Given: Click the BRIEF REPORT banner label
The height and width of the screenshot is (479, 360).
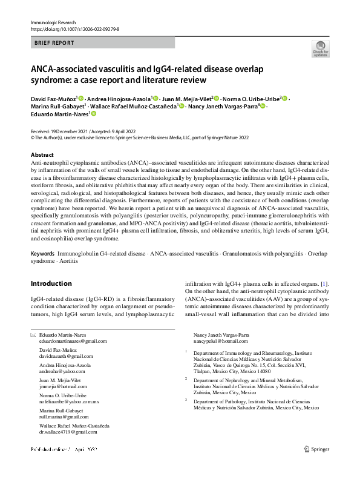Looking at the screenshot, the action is pyautogui.click(x=55, y=43).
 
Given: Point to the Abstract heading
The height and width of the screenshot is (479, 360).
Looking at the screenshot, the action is pyautogui.click(x=42, y=156).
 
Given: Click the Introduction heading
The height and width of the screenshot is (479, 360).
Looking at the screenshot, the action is pyautogui.click(x=51, y=284).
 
